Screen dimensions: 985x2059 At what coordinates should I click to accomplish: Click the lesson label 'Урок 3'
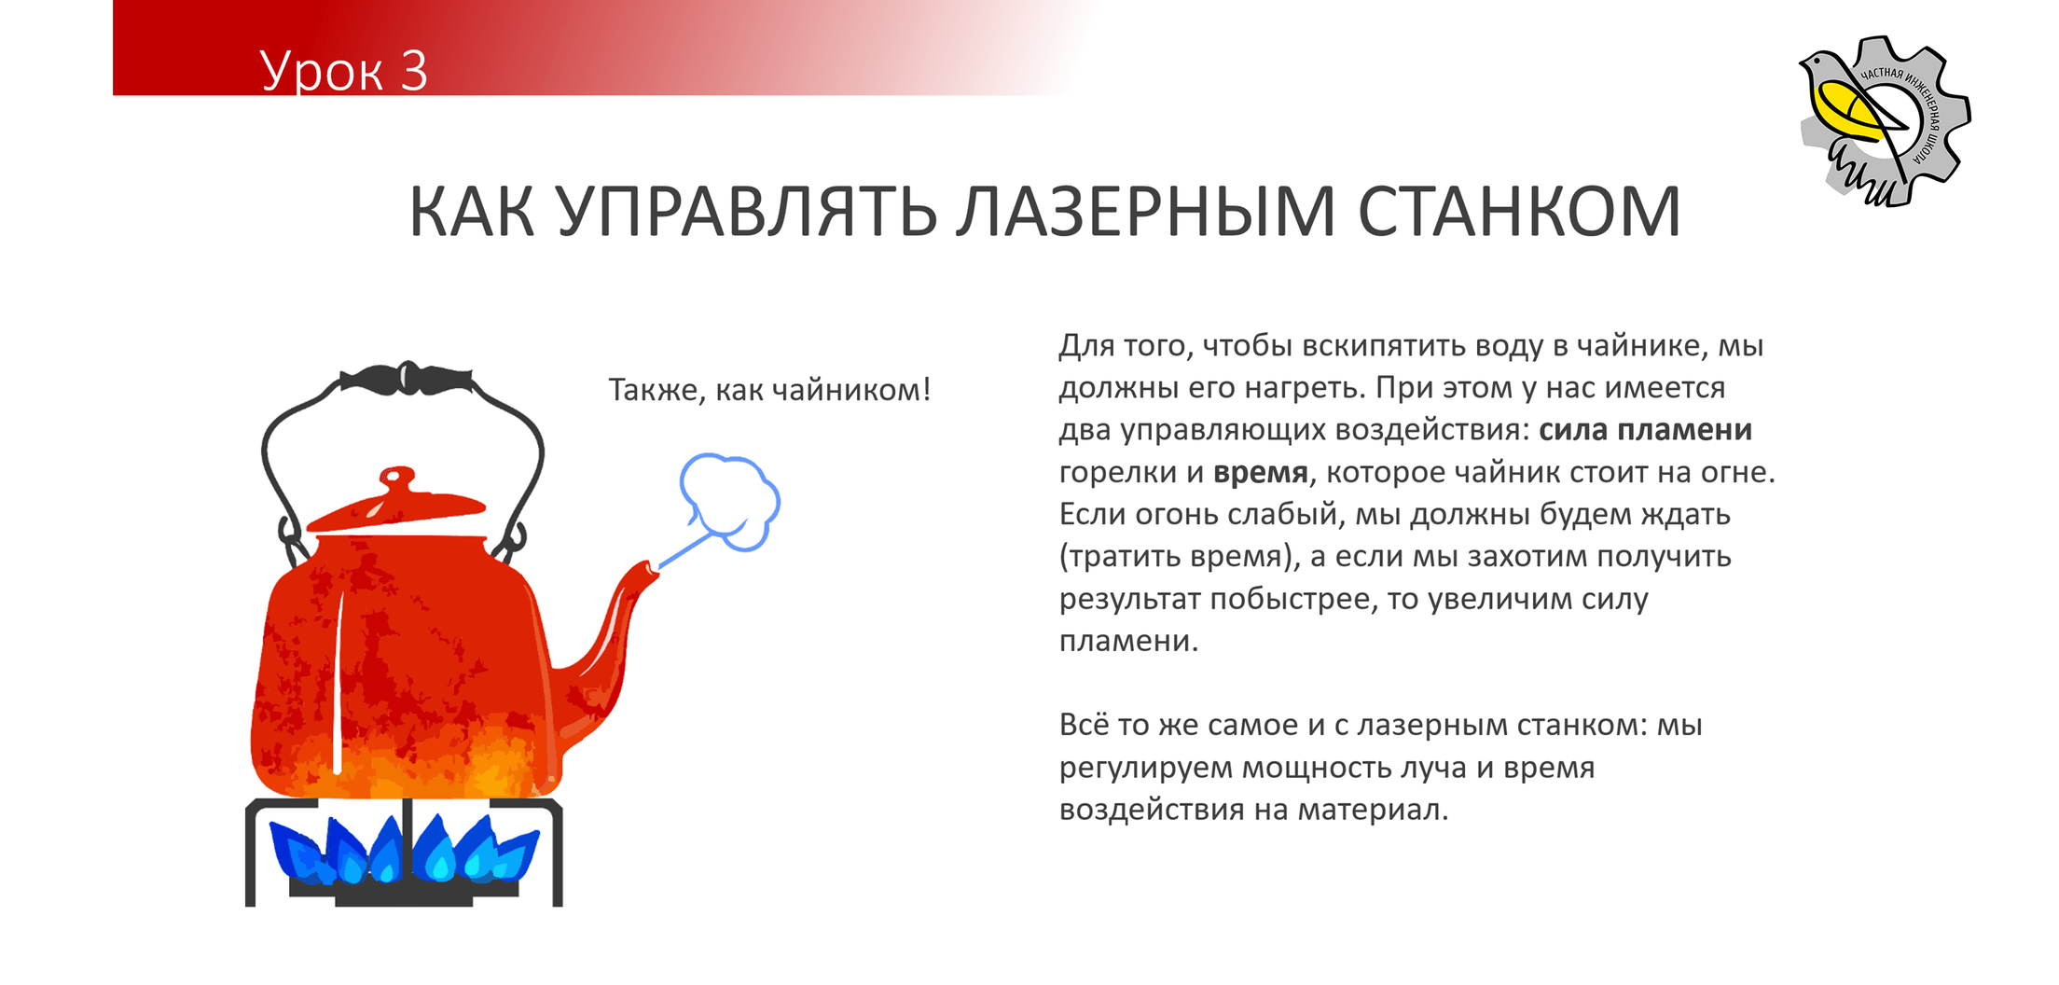pos(343,71)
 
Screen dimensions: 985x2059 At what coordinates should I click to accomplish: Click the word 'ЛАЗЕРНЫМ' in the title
pos(1146,213)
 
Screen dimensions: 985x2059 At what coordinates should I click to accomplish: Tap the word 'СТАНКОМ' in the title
pos(1519,213)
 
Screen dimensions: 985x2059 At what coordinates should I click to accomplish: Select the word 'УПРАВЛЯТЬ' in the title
pos(747,213)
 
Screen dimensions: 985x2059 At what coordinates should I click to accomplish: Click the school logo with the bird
pos(1884,121)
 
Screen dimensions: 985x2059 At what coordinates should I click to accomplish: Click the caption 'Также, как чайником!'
pos(769,390)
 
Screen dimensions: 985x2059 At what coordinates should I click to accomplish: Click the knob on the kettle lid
pos(397,478)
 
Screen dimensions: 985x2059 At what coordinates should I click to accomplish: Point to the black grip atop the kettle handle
pos(406,379)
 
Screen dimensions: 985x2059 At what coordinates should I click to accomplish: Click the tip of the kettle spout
pos(649,569)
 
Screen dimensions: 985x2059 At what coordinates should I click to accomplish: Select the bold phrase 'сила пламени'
pos(1645,430)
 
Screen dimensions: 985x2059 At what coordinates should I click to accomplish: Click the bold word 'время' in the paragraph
pos(1261,473)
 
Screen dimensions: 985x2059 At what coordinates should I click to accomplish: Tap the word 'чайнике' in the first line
pos(1642,346)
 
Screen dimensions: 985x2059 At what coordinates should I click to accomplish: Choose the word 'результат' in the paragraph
pos(1130,599)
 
